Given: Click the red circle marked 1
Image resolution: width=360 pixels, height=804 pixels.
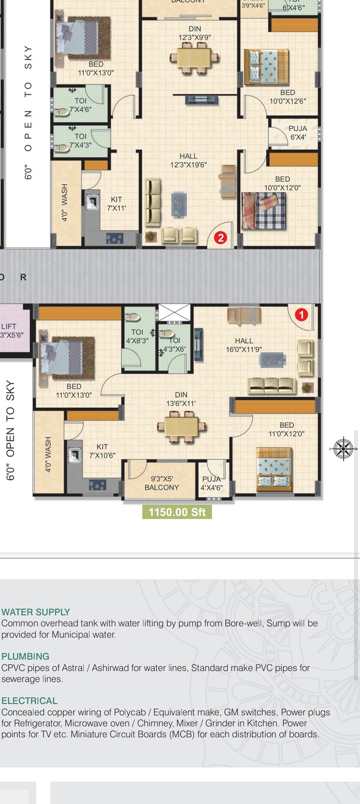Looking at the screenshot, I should tap(301, 315).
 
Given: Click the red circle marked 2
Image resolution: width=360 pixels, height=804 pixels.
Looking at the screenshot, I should tap(220, 237).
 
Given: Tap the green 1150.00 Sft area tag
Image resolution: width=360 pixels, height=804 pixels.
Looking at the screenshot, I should tap(177, 512).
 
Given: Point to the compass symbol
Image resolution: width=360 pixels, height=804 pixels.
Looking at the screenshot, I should tap(343, 449).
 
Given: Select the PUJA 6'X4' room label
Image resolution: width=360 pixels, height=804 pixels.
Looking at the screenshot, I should tap(298, 133).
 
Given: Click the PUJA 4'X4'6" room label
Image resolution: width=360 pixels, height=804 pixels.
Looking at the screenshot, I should tap(212, 483).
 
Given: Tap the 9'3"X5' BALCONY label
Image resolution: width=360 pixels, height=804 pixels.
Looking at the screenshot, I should tap(161, 483).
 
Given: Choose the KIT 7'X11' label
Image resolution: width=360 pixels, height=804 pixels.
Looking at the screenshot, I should tap(116, 203).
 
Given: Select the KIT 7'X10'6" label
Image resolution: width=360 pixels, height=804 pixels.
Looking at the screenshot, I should tap(102, 451).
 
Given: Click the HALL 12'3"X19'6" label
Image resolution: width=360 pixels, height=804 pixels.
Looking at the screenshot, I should tap(188, 160).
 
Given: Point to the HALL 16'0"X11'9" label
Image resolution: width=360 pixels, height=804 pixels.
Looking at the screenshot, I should tap(244, 345).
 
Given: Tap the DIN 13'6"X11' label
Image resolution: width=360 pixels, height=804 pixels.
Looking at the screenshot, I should tap(181, 399).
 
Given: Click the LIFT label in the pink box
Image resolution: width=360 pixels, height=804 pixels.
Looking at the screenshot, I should tap(9, 327).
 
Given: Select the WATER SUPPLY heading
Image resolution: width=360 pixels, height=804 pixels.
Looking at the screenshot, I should tap(36, 612).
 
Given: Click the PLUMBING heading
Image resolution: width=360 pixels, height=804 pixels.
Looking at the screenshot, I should tap(26, 657).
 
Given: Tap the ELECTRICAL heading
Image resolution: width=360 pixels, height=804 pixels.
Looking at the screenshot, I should tap(29, 701).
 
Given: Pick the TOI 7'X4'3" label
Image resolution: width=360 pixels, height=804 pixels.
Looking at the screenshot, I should tap(80, 141).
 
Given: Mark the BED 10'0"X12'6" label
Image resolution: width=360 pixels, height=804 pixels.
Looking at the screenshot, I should tap(288, 97).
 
